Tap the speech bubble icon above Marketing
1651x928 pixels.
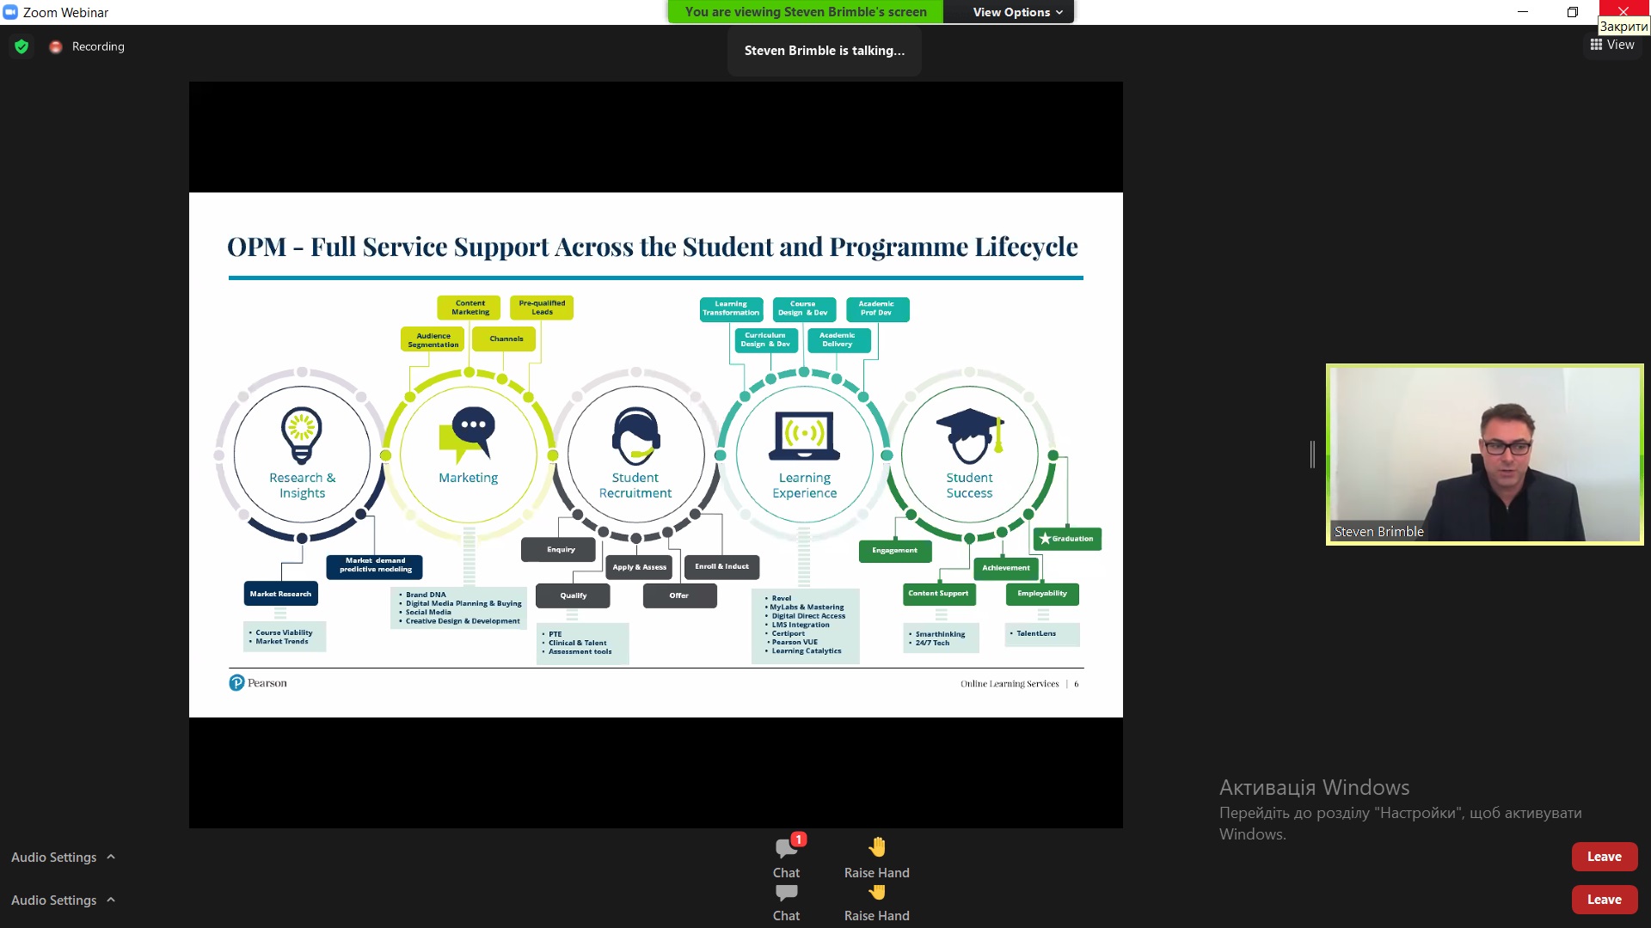[x=469, y=434]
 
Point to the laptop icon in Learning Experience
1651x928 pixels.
[x=804, y=436]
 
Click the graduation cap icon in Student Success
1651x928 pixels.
[x=970, y=435]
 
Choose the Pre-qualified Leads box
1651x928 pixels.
[x=542, y=308]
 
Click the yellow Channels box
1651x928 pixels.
[x=506, y=339]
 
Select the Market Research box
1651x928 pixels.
[x=280, y=594]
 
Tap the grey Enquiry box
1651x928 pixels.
[x=561, y=550]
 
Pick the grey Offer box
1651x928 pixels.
[x=679, y=595]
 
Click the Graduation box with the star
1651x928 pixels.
[x=1067, y=539]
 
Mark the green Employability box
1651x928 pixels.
[x=1042, y=594]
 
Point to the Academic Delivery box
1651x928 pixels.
[x=838, y=340]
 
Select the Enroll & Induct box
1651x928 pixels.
[x=721, y=567]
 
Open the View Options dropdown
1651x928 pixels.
[x=1017, y=12]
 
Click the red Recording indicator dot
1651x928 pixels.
[x=56, y=47]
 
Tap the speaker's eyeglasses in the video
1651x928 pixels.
[x=1507, y=448]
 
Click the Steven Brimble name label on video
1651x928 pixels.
[x=1378, y=532]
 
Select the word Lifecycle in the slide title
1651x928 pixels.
[x=1026, y=247]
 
